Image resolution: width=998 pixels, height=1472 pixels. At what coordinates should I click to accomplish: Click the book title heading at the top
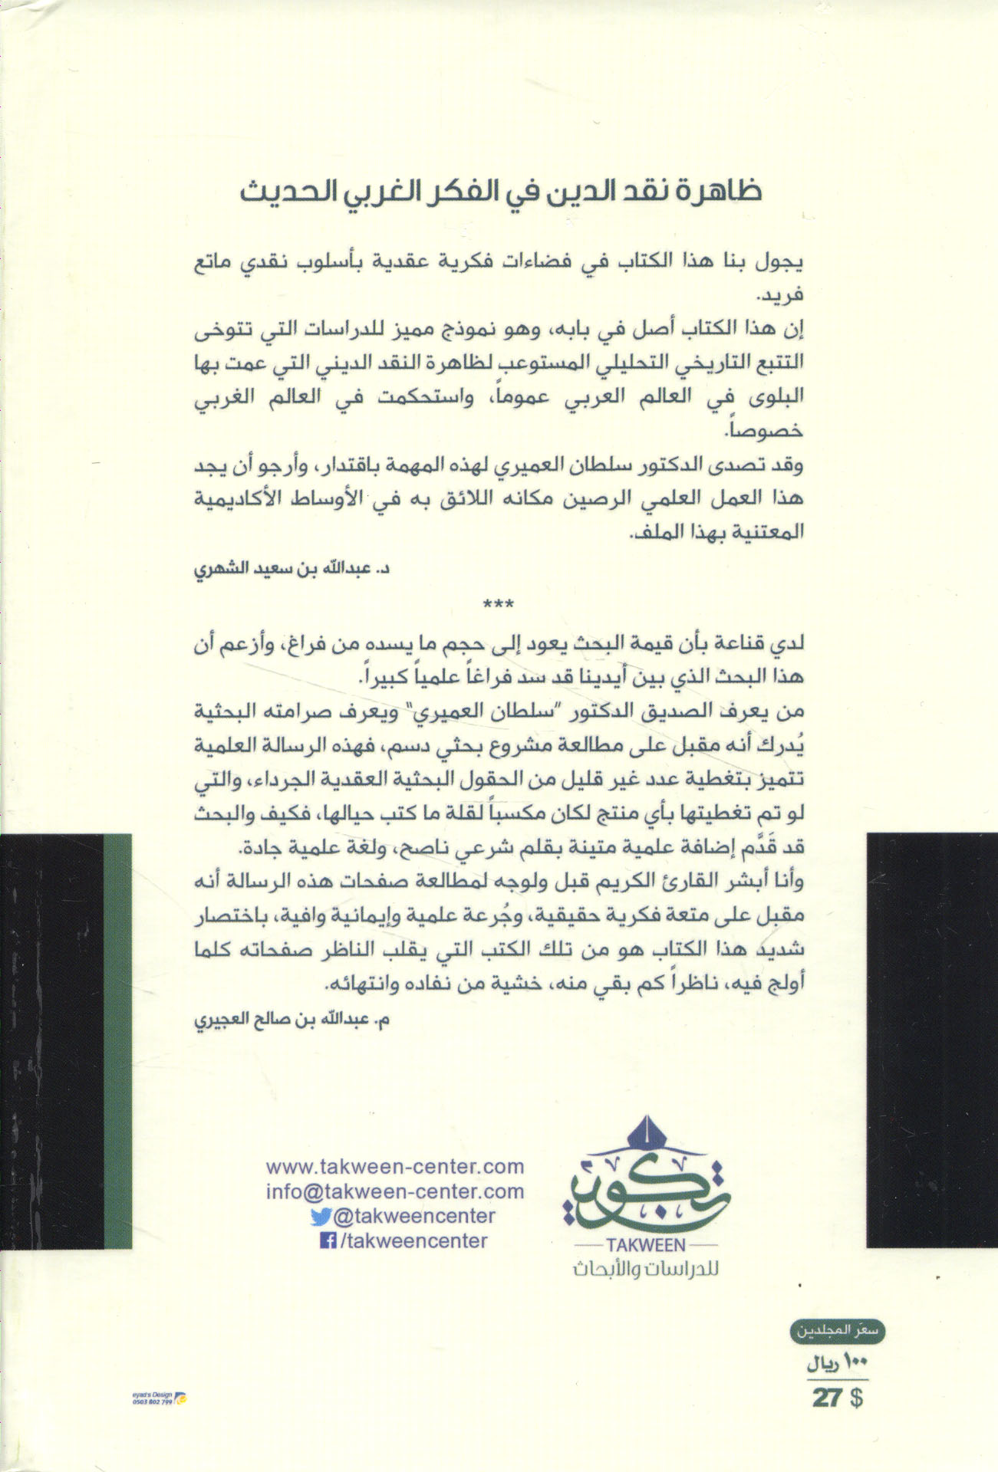(x=498, y=192)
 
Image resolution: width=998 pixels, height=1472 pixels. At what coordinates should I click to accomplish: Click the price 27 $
(x=838, y=1398)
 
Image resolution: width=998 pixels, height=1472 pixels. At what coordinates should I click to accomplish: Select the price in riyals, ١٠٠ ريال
(x=838, y=1367)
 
